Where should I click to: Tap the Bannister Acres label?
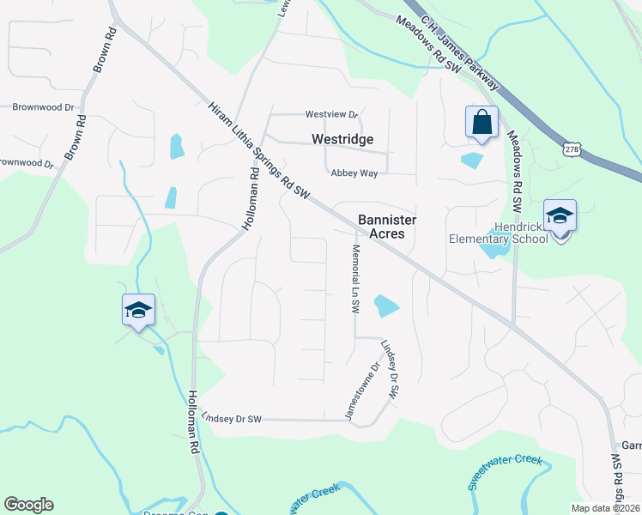tap(386, 227)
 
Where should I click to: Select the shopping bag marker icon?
tap(481, 123)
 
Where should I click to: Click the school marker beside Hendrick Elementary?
tap(560, 218)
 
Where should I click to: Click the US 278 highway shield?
tap(572, 148)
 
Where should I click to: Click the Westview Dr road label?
tap(331, 114)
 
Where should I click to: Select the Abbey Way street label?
tap(354, 173)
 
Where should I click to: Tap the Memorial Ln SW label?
tap(354, 279)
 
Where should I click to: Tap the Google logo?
tap(28, 505)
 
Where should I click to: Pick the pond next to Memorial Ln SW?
tap(386, 305)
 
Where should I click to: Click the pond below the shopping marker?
tap(472, 160)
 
